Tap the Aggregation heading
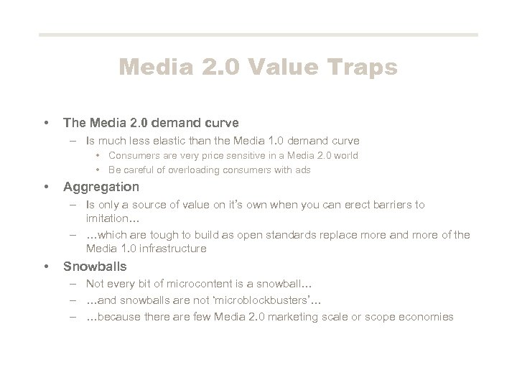click(x=101, y=187)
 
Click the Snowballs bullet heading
click(x=96, y=266)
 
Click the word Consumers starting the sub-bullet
click(x=133, y=155)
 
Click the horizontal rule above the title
click(x=258, y=34)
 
